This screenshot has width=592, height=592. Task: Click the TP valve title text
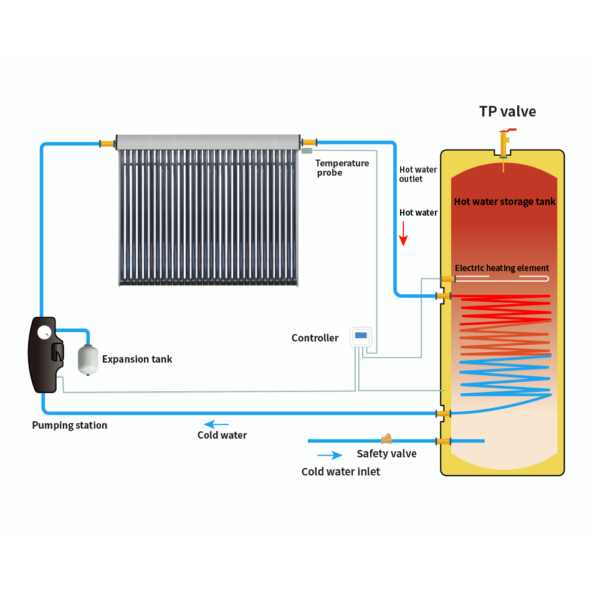[x=507, y=112]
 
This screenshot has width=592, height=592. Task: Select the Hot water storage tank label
[x=504, y=201]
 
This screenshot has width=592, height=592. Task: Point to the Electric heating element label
[x=502, y=268]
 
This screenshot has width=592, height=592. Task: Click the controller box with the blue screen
[x=361, y=337]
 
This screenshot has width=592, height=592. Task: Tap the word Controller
[x=315, y=338]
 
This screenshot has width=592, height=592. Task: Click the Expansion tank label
[x=137, y=359]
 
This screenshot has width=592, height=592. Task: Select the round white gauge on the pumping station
[x=44, y=332]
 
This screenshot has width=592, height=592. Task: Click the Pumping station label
[x=70, y=425]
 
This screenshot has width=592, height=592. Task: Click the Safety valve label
[x=386, y=454]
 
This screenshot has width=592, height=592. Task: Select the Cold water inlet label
[x=340, y=472]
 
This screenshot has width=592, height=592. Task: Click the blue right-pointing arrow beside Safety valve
[x=330, y=456]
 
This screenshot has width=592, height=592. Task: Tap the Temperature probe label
[x=341, y=168]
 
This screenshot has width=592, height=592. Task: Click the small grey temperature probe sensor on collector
[x=306, y=150]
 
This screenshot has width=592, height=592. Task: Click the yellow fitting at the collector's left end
[x=108, y=143]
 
